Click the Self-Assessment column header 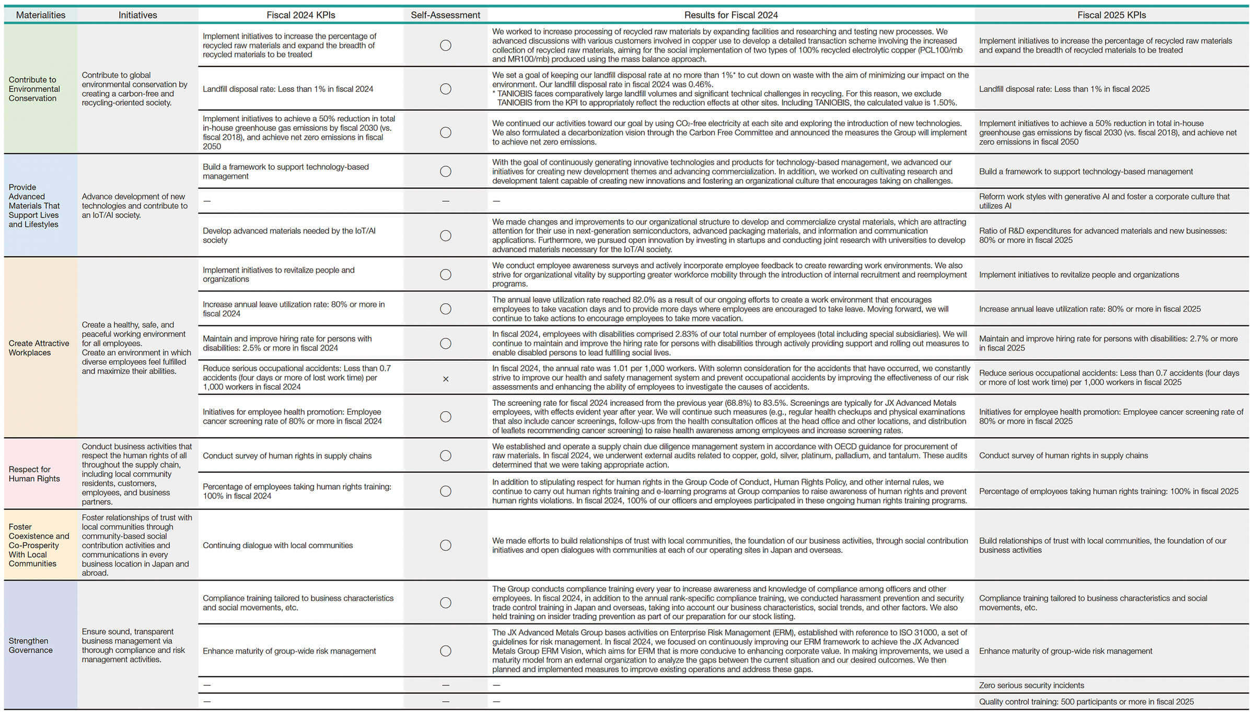[x=445, y=15]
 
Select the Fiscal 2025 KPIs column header [x=1111, y=15]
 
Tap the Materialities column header [x=41, y=15]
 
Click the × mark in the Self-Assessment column [x=446, y=379]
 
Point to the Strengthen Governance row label [x=31, y=645]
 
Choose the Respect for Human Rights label [x=34, y=474]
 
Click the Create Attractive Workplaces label [x=39, y=348]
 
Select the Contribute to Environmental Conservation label [x=34, y=89]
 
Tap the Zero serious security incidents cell [x=1031, y=685]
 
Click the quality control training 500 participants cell [x=1086, y=702]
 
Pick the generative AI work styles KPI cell [x=1104, y=201]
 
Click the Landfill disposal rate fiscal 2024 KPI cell [x=288, y=89]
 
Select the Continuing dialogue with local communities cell [x=277, y=545]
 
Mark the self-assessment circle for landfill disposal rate [x=446, y=89]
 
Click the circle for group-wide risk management [x=446, y=651]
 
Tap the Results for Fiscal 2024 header [x=731, y=15]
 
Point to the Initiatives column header [x=137, y=15]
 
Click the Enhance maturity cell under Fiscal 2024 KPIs [x=289, y=651]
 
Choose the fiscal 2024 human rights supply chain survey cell [x=287, y=456]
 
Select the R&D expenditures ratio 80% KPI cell [x=1102, y=235]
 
